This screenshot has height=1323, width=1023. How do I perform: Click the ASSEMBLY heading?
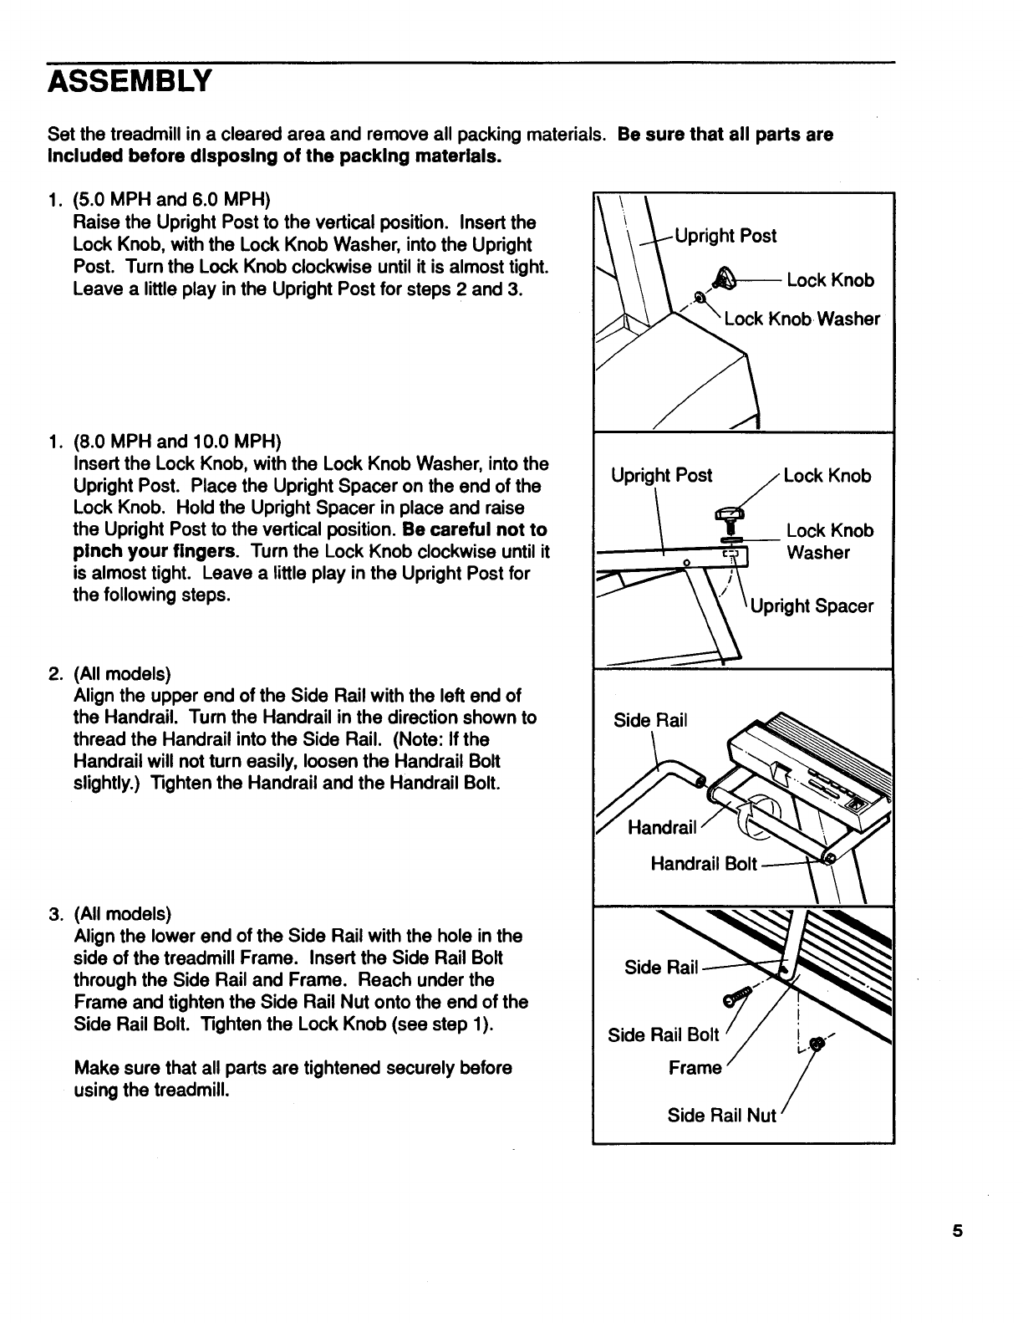click(130, 83)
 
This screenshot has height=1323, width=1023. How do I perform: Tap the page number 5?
click(957, 1231)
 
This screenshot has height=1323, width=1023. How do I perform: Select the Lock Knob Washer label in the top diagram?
click(802, 319)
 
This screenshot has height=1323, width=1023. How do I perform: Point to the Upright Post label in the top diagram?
click(725, 236)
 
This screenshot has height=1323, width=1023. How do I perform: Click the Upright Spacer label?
click(812, 606)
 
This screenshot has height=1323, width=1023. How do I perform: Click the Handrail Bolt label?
click(704, 864)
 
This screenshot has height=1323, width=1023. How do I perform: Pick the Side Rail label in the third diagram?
click(650, 720)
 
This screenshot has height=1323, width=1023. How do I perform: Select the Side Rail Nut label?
click(722, 1116)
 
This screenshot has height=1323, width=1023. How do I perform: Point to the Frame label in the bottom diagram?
click(695, 1068)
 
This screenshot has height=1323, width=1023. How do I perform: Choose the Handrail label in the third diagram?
click(662, 828)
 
